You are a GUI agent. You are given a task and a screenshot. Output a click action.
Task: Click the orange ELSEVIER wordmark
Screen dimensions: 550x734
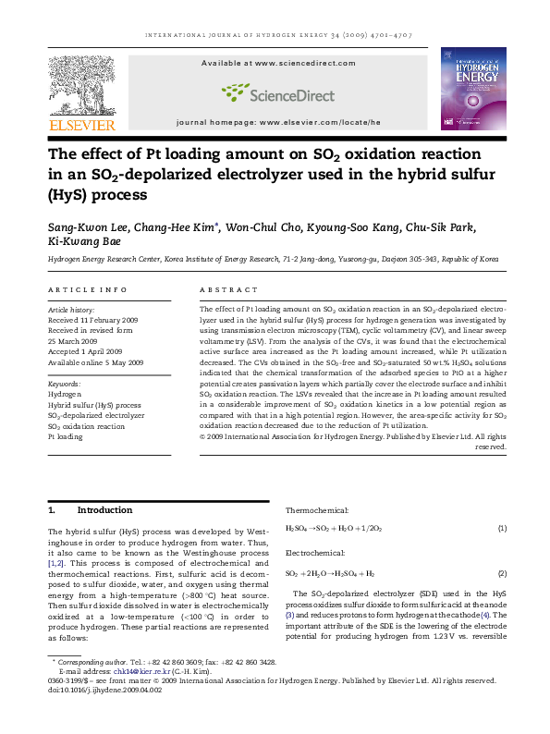click(82, 125)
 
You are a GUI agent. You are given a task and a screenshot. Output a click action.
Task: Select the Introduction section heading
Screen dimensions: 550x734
click(104, 509)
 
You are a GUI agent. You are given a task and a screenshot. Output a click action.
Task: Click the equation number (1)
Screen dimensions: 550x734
click(502, 528)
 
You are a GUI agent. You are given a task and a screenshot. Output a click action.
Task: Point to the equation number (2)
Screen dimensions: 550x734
click(502, 573)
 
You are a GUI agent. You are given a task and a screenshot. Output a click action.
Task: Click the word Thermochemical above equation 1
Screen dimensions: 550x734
click(317, 510)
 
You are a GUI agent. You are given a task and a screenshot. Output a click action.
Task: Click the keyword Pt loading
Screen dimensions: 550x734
click(65, 436)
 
